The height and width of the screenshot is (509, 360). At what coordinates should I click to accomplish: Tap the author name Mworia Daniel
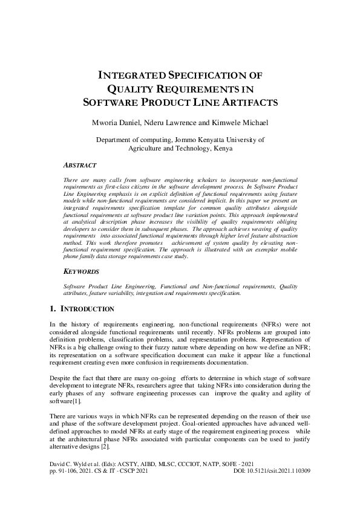pyautogui.click(x=116, y=123)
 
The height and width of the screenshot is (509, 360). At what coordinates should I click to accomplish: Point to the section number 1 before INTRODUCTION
pyautogui.click(x=51, y=309)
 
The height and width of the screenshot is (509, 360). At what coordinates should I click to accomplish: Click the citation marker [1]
pyautogui.click(x=77, y=401)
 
